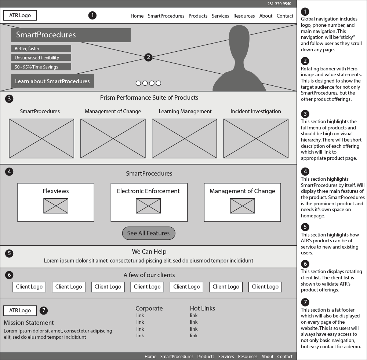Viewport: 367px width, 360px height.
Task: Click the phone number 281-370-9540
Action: click(x=279, y=4)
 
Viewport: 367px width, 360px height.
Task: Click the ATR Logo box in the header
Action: click(x=20, y=15)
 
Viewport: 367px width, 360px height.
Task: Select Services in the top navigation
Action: click(x=220, y=16)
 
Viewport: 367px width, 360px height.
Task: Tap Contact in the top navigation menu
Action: click(x=285, y=16)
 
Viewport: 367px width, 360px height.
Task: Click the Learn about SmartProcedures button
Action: click(x=52, y=81)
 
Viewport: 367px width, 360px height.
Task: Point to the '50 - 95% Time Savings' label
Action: click(x=41, y=67)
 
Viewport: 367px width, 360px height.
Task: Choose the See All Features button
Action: click(x=149, y=233)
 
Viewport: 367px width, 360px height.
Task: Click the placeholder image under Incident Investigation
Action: click(x=256, y=139)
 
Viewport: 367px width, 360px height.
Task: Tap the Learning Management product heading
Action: click(x=185, y=111)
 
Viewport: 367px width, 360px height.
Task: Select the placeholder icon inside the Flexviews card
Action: click(x=56, y=206)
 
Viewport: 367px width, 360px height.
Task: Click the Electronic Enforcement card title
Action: click(x=148, y=191)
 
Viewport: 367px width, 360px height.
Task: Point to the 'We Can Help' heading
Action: click(x=149, y=251)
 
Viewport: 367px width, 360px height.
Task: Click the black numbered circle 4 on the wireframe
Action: click(x=9, y=172)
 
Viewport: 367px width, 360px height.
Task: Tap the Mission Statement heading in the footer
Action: click(x=29, y=323)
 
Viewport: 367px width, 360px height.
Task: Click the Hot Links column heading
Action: click(x=203, y=308)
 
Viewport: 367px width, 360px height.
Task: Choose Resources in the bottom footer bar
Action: click(x=248, y=356)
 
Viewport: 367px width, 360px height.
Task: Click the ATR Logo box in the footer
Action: click(x=20, y=311)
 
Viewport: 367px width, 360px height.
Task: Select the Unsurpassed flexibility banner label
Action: click(x=41, y=58)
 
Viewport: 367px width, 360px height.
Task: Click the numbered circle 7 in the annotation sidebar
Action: click(x=305, y=302)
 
